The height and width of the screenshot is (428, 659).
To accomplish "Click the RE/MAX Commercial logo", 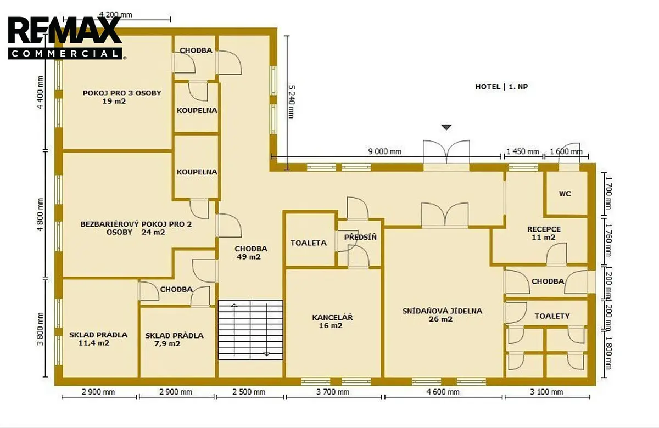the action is tap(65, 38).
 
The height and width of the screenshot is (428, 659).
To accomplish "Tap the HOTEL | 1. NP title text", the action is tap(501, 87).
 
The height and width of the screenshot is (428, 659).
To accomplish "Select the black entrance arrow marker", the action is tap(446, 127).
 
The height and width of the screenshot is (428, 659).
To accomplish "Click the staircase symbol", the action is tap(250, 330).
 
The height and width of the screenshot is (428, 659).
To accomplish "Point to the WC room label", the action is tap(565, 194).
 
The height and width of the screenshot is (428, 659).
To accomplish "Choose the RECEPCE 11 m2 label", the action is tap(544, 233).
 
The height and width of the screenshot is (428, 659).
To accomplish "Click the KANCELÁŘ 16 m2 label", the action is tap(332, 322).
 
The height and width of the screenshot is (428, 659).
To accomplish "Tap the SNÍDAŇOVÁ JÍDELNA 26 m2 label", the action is tap(442, 315).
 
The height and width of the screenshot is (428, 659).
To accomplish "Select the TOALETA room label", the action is tap(309, 243).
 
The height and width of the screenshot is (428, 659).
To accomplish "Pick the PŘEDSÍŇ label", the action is tap(360, 237).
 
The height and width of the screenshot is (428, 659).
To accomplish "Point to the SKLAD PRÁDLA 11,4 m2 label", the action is tap(98, 339).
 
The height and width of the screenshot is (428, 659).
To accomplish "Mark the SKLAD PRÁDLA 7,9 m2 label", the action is tap(174, 340).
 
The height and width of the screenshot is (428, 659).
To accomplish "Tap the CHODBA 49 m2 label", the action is tap(250, 253).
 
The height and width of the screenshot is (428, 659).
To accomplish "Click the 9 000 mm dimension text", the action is tap(385, 151).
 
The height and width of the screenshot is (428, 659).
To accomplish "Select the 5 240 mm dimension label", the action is tap(291, 102).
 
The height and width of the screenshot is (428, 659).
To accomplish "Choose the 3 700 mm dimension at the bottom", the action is tap(333, 392).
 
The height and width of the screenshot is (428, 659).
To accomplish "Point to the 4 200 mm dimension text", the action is tap(115, 14).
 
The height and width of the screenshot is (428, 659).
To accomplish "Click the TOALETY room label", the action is tap(552, 316).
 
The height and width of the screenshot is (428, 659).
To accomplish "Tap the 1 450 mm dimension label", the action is tap(523, 151).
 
